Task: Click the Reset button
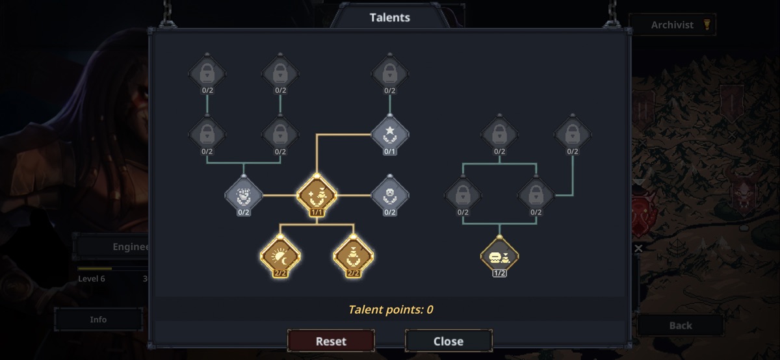(331, 341)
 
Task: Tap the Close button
(448, 341)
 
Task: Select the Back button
(681, 326)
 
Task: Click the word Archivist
(672, 25)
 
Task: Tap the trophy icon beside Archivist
(707, 25)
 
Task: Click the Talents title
(390, 18)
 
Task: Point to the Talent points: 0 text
(390, 309)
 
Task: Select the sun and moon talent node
(280, 257)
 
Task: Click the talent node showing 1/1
(317, 194)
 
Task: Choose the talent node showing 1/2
(499, 255)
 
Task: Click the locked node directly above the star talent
(390, 73)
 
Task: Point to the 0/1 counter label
(390, 152)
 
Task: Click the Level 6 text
(91, 279)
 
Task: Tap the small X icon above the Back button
(638, 248)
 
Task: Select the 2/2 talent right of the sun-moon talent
(354, 257)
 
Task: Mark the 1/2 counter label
(499, 273)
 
